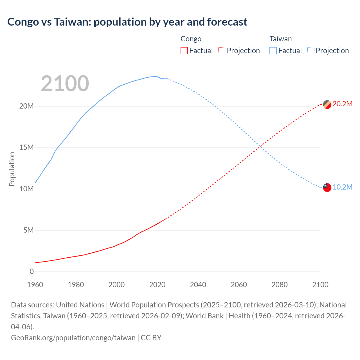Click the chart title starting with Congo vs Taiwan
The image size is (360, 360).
127,22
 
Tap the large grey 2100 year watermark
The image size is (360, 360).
65,84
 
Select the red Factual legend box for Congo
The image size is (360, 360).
184,51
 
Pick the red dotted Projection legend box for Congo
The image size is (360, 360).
222,51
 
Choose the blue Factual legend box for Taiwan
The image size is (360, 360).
273,51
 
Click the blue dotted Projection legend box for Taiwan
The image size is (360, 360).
311,51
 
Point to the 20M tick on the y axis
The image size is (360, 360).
26,106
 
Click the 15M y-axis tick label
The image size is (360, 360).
26,147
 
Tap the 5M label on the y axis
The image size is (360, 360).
28,230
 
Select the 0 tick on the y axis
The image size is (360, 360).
31,271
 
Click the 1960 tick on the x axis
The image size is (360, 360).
35,285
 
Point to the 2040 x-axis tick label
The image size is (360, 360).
198,285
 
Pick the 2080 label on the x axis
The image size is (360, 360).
280,285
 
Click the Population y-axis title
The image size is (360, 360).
12,169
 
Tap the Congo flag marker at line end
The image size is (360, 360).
327,104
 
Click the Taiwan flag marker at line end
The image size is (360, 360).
327,187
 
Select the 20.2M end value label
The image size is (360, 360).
342,104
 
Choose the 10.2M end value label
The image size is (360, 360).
342,187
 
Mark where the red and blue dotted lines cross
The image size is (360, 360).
261,146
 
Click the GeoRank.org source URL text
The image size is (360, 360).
73,337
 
